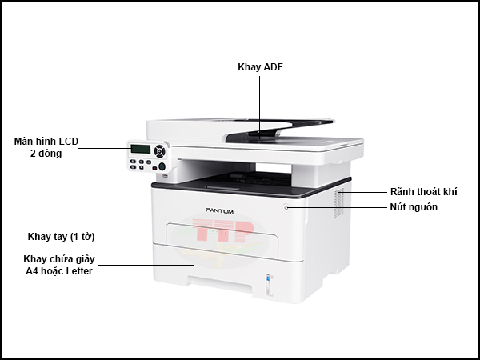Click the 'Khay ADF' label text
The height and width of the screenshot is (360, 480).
coord(260,66)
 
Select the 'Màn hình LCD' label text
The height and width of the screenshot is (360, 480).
coord(46,141)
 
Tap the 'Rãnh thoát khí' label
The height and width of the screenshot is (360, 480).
coord(424,192)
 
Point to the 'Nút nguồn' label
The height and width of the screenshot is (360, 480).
coord(414,207)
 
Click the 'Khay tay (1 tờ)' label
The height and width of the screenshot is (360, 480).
coord(62,237)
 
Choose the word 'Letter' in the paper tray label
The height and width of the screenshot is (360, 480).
coord(79,271)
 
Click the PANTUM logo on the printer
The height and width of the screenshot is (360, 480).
coord(219,210)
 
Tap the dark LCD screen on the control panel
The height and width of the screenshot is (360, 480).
coord(141,149)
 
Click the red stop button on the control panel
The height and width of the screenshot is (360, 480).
coord(154,168)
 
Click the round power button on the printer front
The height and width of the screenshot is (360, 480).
coord(286,207)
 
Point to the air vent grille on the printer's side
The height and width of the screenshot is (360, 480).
coord(338,202)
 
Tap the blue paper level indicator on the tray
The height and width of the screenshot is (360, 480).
coord(269,279)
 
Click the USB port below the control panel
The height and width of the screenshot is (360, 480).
coord(165,176)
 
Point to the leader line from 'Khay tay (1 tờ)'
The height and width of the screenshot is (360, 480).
coord(146,238)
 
